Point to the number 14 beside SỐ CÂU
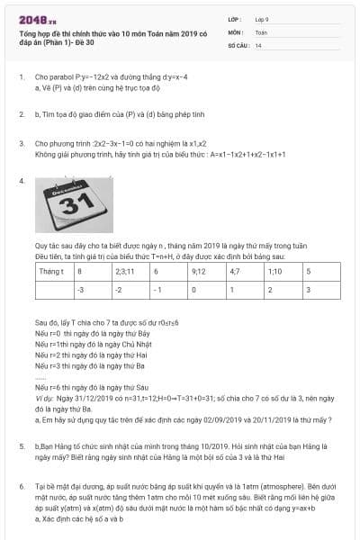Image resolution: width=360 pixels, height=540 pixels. pos(259,44)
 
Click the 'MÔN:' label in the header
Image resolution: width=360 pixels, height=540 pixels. pos(237,31)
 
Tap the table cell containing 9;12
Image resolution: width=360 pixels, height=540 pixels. pos(200,271)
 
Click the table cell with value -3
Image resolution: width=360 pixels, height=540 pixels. pos(81,290)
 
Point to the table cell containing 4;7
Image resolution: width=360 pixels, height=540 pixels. pos(235,271)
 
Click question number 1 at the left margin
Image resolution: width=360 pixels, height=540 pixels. pos(21,77)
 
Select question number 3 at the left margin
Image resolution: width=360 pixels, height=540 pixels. pos(21,143)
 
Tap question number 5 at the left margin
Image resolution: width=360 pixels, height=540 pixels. pos(21,445)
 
